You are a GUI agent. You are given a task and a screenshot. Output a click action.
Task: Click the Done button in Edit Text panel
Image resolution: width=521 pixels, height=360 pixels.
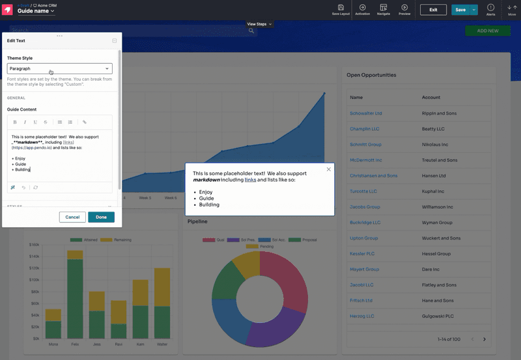click(101, 217)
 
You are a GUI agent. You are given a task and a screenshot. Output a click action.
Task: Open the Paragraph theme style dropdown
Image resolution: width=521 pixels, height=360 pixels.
click(59, 68)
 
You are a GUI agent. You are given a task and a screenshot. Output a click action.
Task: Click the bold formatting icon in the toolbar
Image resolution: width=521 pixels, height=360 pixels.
click(15, 122)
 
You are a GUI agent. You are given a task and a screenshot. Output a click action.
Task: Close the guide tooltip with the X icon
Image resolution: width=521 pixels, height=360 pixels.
click(329, 169)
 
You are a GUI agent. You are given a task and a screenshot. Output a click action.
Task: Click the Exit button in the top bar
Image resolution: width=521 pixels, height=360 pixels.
click(433, 10)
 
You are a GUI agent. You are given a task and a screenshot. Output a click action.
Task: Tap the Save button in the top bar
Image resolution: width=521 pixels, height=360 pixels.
click(460, 10)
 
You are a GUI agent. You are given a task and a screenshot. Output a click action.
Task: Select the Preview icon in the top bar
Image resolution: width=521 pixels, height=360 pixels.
click(404, 9)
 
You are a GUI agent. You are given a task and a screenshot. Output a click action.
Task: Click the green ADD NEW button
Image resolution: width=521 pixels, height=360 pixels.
click(488, 31)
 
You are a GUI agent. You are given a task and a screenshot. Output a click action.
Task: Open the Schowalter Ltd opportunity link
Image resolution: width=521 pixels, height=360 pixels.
click(366, 113)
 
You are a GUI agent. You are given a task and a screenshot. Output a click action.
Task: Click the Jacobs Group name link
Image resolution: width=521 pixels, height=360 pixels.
click(365, 207)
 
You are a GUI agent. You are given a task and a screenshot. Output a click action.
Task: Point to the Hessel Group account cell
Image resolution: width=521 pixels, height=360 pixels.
click(436, 254)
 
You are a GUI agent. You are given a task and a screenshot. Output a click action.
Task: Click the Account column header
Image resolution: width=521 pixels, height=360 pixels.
click(431, 97)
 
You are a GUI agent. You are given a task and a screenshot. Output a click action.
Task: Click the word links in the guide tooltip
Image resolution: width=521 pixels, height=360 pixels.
click(250, 180)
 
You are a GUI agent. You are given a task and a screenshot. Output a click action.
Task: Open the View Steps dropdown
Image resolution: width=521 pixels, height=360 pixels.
click(259, 24)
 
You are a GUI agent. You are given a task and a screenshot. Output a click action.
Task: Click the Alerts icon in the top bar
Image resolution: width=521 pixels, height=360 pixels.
click(491, 9)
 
